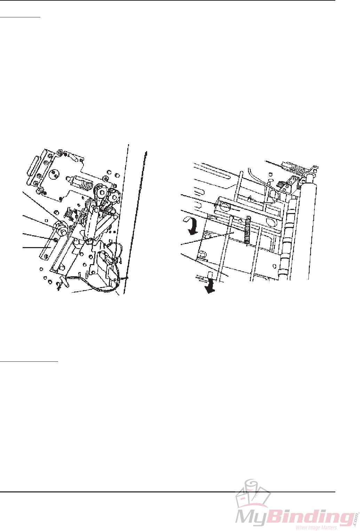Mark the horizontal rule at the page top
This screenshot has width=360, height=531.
point(167,1)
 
